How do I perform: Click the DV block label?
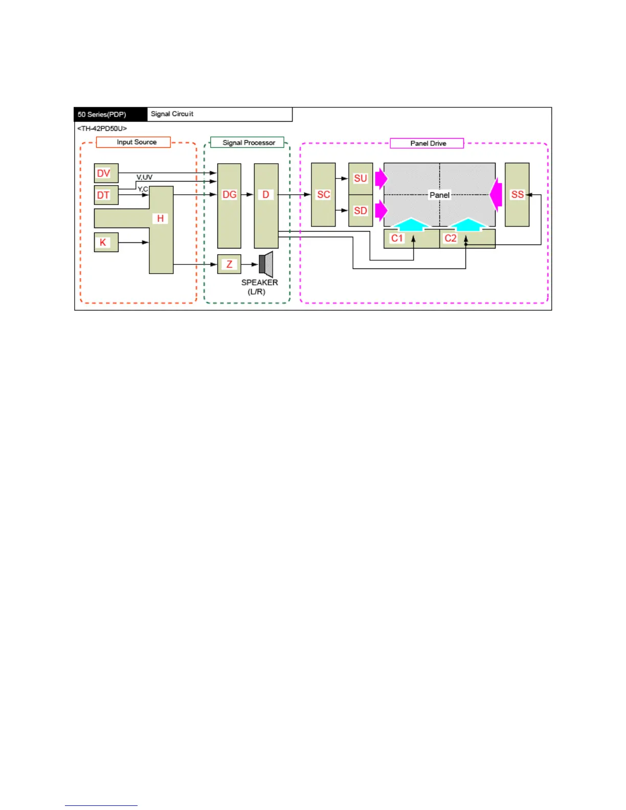104,173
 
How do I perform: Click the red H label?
160,218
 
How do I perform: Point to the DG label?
229,195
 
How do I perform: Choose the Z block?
229,264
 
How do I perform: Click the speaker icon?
266,264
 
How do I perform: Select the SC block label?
323,195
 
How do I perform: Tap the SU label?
361,178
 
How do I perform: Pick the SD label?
361,211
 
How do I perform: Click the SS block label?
517,195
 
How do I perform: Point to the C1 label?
397,238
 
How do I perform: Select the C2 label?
450,238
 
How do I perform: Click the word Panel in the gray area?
439,195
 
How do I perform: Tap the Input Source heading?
137,142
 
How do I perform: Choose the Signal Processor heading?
249,143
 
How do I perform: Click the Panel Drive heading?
428,143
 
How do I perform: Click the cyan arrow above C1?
411,224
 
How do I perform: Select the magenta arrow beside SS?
496,195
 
